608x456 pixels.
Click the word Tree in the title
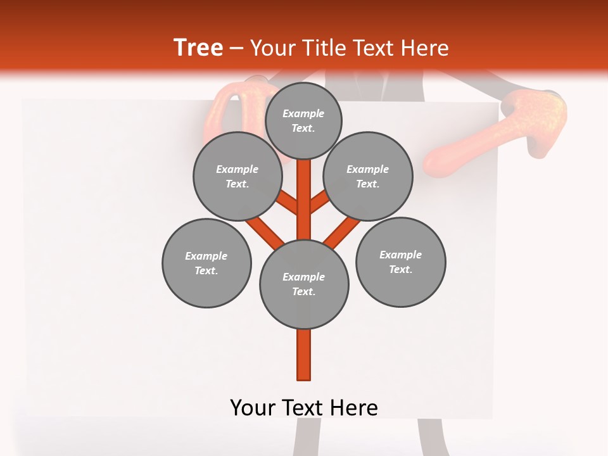coord(198,48)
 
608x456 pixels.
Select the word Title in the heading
coord(324,48)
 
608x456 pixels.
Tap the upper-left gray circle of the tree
coord(237,176)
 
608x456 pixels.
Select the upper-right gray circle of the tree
coord(368,176)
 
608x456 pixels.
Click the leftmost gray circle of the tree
coord(206,263)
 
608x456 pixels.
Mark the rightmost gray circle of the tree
coord(400,262)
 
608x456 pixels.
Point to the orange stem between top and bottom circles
coord(304,199)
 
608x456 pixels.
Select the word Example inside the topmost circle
coord(303,114)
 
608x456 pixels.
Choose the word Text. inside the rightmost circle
coord(400,269)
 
